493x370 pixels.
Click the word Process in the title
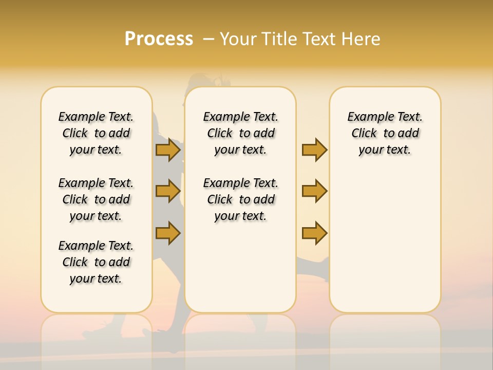coord(159,39)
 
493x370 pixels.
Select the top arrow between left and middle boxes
coord(168,150)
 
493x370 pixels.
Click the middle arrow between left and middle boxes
coord(168,191)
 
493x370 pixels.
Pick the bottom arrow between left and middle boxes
coord(168,233)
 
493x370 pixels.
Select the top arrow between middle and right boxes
coord(314,150)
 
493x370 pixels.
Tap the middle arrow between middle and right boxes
coord(314,191)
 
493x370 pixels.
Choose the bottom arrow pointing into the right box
coord(314,233)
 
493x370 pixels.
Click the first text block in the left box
coord(96,133)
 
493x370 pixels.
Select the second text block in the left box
coord(96,199)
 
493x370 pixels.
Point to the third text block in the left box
coord(96,262)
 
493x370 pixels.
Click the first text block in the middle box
coord(241,133)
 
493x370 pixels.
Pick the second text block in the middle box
coord(241,199)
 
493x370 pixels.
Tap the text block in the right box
coord(385,133)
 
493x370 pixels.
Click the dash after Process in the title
coord(209,39)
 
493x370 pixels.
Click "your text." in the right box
coord(385,150)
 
